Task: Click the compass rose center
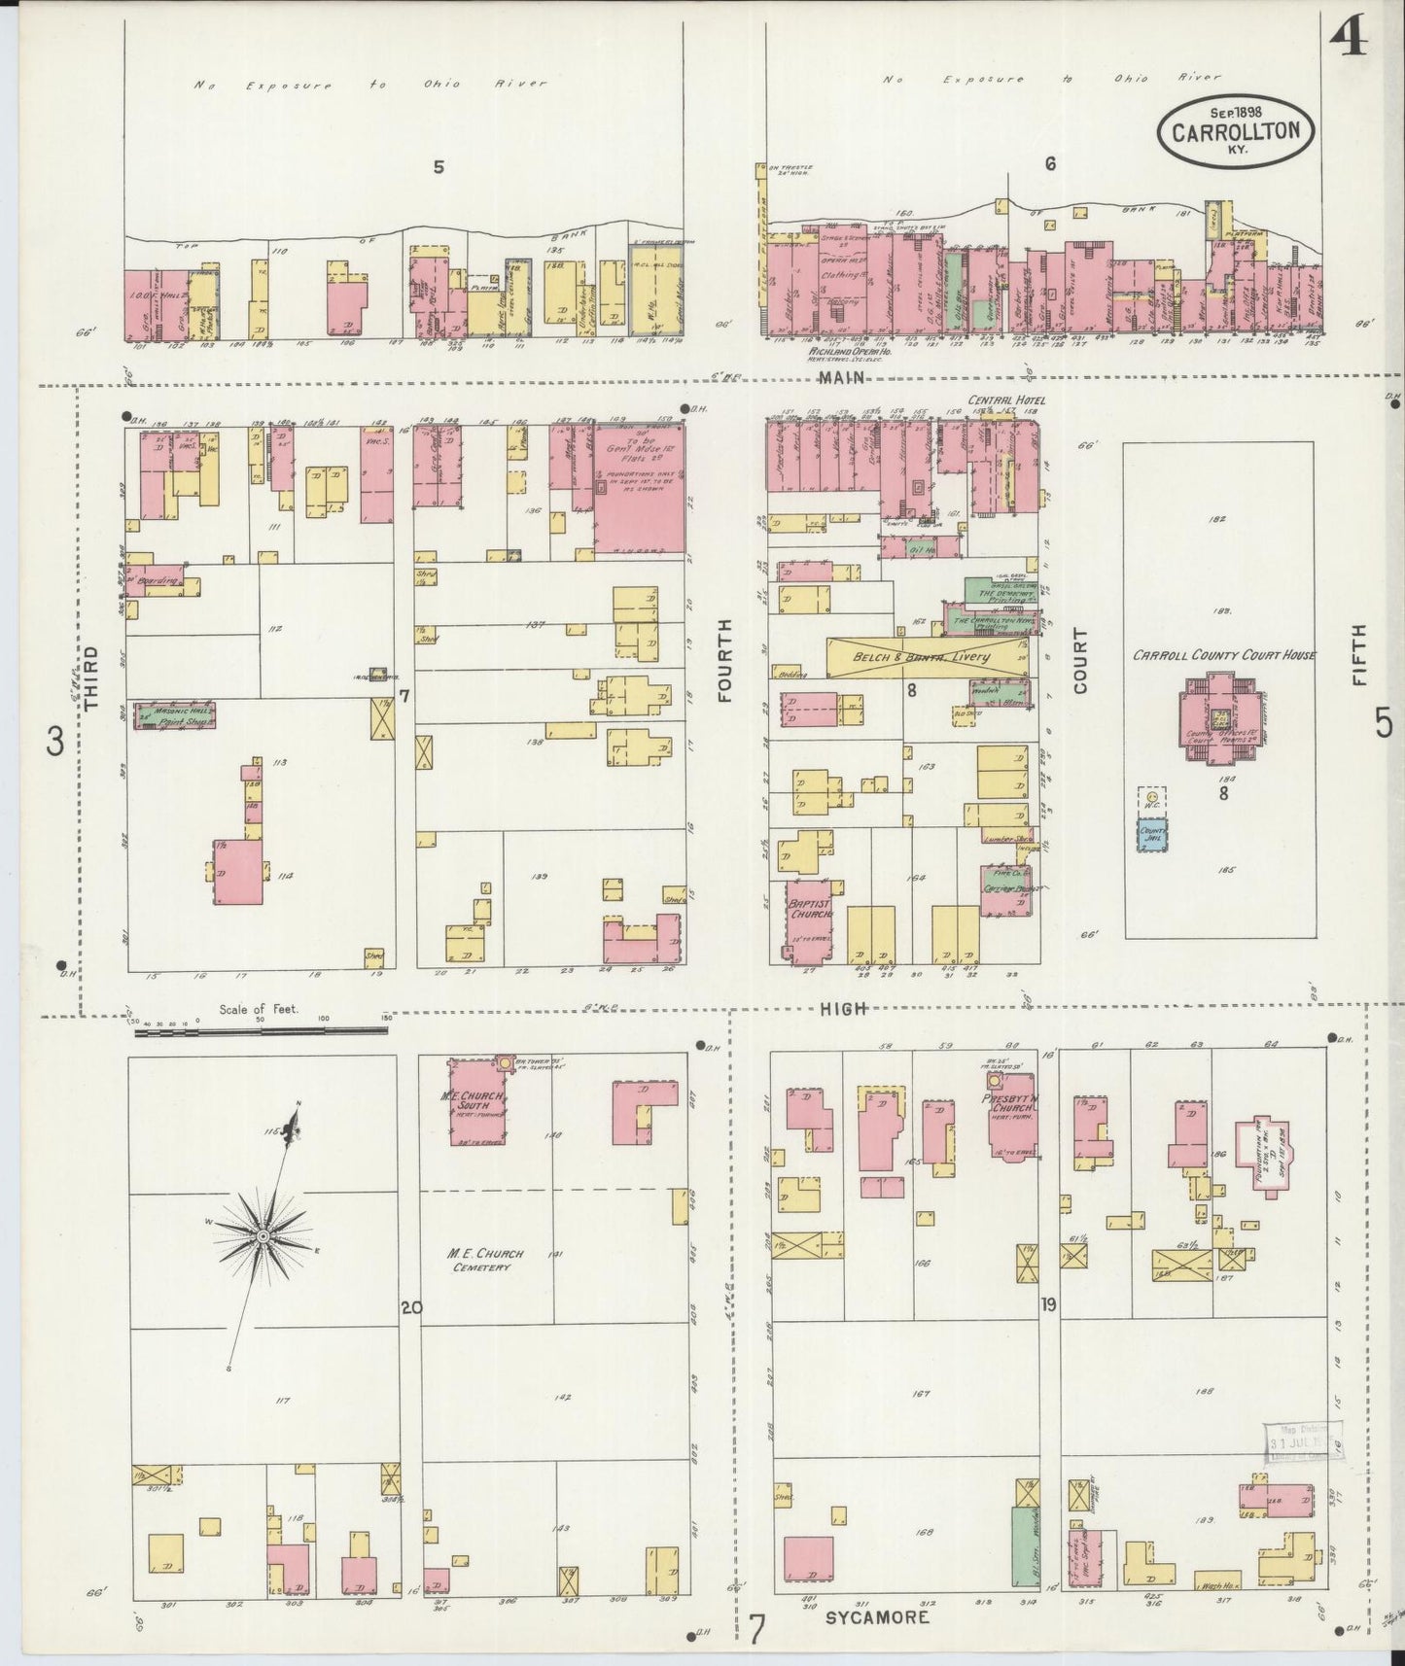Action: pyautogui.click(x=262, y=1235)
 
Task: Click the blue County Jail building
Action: pyautogui.click(x=1152, y=835)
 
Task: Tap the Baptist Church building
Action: pyautogui.click(x=810, y=918)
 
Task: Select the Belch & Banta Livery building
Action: pyautogui.click(x=929, y=658)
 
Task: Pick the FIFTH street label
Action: pyautogui.click(x=1359, y=655)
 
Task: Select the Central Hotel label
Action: pyautogui.click(x=1002, y=399)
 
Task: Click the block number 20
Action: pyautogui.click(x=411, y=1307)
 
